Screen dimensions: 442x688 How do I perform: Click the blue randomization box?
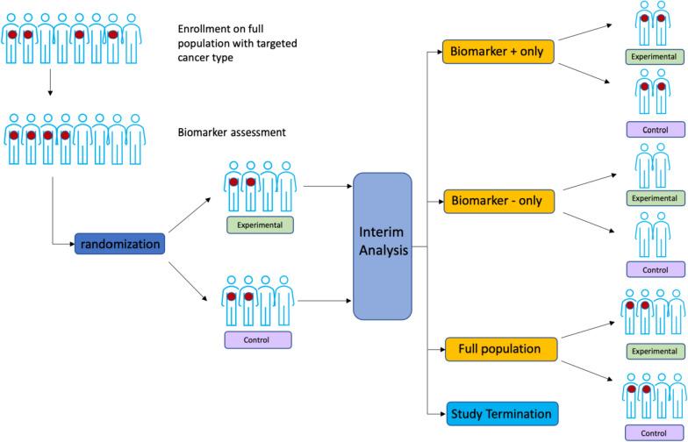[119, 245]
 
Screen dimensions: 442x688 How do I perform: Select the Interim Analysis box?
[382, 246]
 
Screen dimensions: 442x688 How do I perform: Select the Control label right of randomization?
[257, 339]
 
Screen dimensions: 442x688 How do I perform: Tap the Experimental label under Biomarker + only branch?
[655, 57]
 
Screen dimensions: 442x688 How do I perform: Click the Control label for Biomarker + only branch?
[655, 130]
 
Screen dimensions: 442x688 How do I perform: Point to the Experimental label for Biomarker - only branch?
[655, 199]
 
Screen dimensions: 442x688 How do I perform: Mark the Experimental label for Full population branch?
[655, 351]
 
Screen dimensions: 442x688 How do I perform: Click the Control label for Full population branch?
[655, 433]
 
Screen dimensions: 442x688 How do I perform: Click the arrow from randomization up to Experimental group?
[189, 216]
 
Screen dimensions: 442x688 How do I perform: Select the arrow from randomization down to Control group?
[189, 275]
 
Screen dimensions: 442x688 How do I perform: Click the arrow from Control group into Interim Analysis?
[325, 301]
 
